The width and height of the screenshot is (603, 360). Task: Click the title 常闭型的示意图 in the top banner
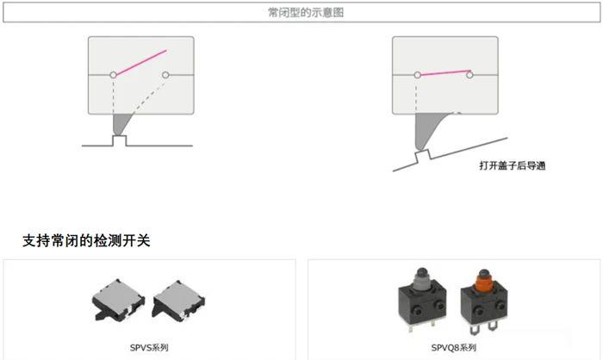coord(306,13)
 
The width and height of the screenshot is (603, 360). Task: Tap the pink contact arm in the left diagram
coord(141,62)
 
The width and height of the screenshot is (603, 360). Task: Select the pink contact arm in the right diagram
coord(445,72)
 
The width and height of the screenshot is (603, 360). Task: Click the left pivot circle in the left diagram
coord(113,75)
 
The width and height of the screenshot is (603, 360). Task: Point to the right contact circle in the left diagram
coord(165,75)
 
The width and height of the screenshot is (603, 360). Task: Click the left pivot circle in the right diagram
coord(417,75)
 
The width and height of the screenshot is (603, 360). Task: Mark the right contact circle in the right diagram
coord(469,75)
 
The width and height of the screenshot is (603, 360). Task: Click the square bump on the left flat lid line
coord(120,140)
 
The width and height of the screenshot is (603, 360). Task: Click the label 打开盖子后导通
coord(513,165)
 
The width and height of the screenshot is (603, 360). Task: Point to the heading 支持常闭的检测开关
coord(86,240)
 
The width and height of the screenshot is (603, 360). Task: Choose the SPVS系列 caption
coord(149,348)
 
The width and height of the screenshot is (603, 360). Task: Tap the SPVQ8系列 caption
coord(454,348)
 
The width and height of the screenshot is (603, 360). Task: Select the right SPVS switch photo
coord(178,301)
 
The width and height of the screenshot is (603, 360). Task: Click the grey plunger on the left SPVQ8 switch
coord(422,278)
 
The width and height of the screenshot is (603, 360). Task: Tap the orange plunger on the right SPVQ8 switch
coord(484,280)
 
